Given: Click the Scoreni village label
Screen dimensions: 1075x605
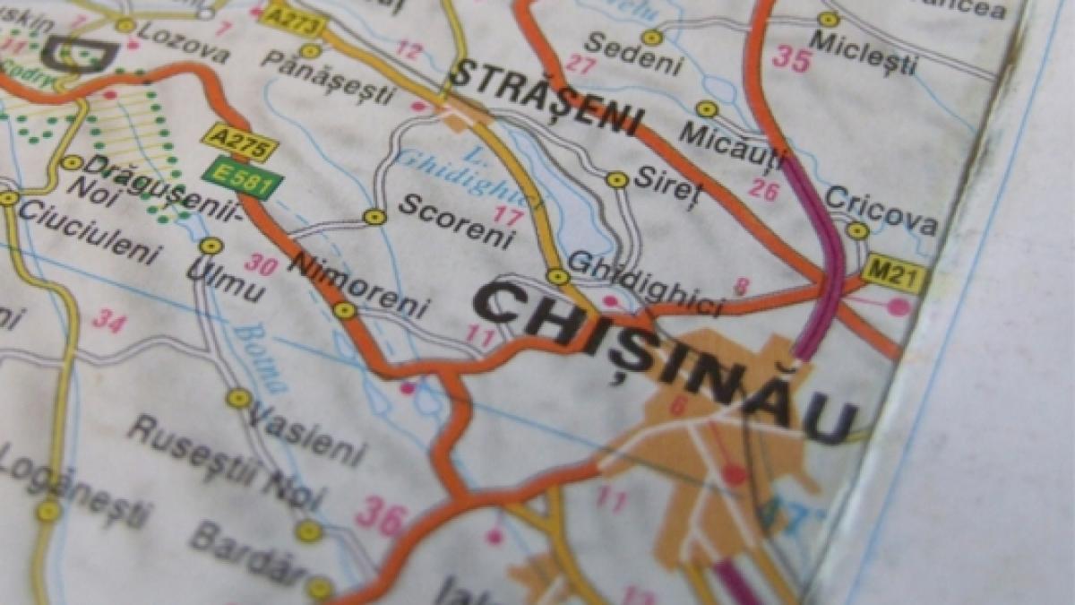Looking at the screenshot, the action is coord(457,220).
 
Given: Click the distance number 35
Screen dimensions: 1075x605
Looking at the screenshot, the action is coord(791,60).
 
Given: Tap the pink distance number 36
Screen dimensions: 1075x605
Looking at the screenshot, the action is coord(381,516).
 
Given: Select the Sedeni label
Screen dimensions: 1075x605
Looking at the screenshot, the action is coord(633,54).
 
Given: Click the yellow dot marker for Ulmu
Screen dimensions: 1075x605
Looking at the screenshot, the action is coord(211,246).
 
